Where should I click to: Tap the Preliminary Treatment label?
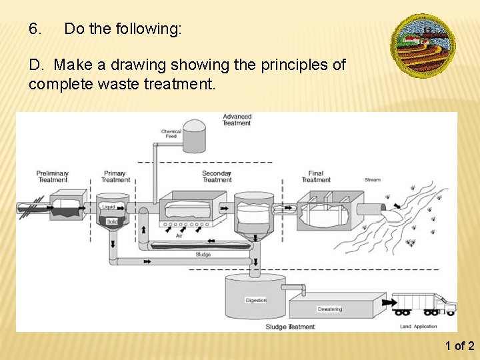pos(53,177)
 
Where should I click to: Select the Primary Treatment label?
pos(116,177)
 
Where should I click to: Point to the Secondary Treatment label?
pos(217,177)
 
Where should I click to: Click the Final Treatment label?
pos(316,177)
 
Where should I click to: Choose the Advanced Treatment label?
pos(237,119)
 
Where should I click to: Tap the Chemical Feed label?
pos(171,133)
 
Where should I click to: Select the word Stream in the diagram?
pos(373,180)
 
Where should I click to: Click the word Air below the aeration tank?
pos(179,236)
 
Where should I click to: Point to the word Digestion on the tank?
pos(256,300)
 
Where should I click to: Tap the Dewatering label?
pos(329,309)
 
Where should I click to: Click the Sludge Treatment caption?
pos(290,327)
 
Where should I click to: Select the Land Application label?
pos(419,327)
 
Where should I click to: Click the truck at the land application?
pos(424,303)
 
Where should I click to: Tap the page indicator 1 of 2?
pos(460,345)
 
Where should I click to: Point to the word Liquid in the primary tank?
pos(109,207)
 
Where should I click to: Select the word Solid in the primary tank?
pos(112,221)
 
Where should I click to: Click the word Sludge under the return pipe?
pos(203,254)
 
